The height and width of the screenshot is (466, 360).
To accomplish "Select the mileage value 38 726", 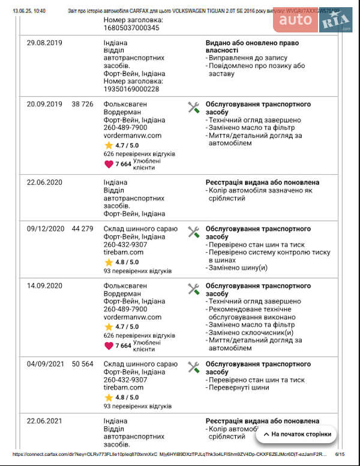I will [82, 104].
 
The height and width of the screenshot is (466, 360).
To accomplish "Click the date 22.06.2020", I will [44, 182].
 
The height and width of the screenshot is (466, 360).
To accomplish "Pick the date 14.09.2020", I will [44, 286].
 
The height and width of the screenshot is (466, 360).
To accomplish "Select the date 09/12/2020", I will [46, 229].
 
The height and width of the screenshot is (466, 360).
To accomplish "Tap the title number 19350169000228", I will [131, 89].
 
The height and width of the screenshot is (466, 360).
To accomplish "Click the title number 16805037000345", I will [131, 28].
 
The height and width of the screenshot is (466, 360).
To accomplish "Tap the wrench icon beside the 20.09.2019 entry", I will [193, 107].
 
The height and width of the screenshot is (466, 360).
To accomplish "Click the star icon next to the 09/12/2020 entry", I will [109, 262].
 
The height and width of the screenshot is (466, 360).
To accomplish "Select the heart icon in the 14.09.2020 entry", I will [109, 345].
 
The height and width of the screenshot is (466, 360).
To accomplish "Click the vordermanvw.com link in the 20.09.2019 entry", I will [133, 136].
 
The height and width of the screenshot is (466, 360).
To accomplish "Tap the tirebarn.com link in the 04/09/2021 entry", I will [124, 387].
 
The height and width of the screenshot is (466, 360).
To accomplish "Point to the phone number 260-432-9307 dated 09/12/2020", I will [125, 244].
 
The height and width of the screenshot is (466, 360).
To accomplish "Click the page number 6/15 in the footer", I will [340, 455].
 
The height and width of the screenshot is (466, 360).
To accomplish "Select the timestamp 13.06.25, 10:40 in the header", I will [28, 11].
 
